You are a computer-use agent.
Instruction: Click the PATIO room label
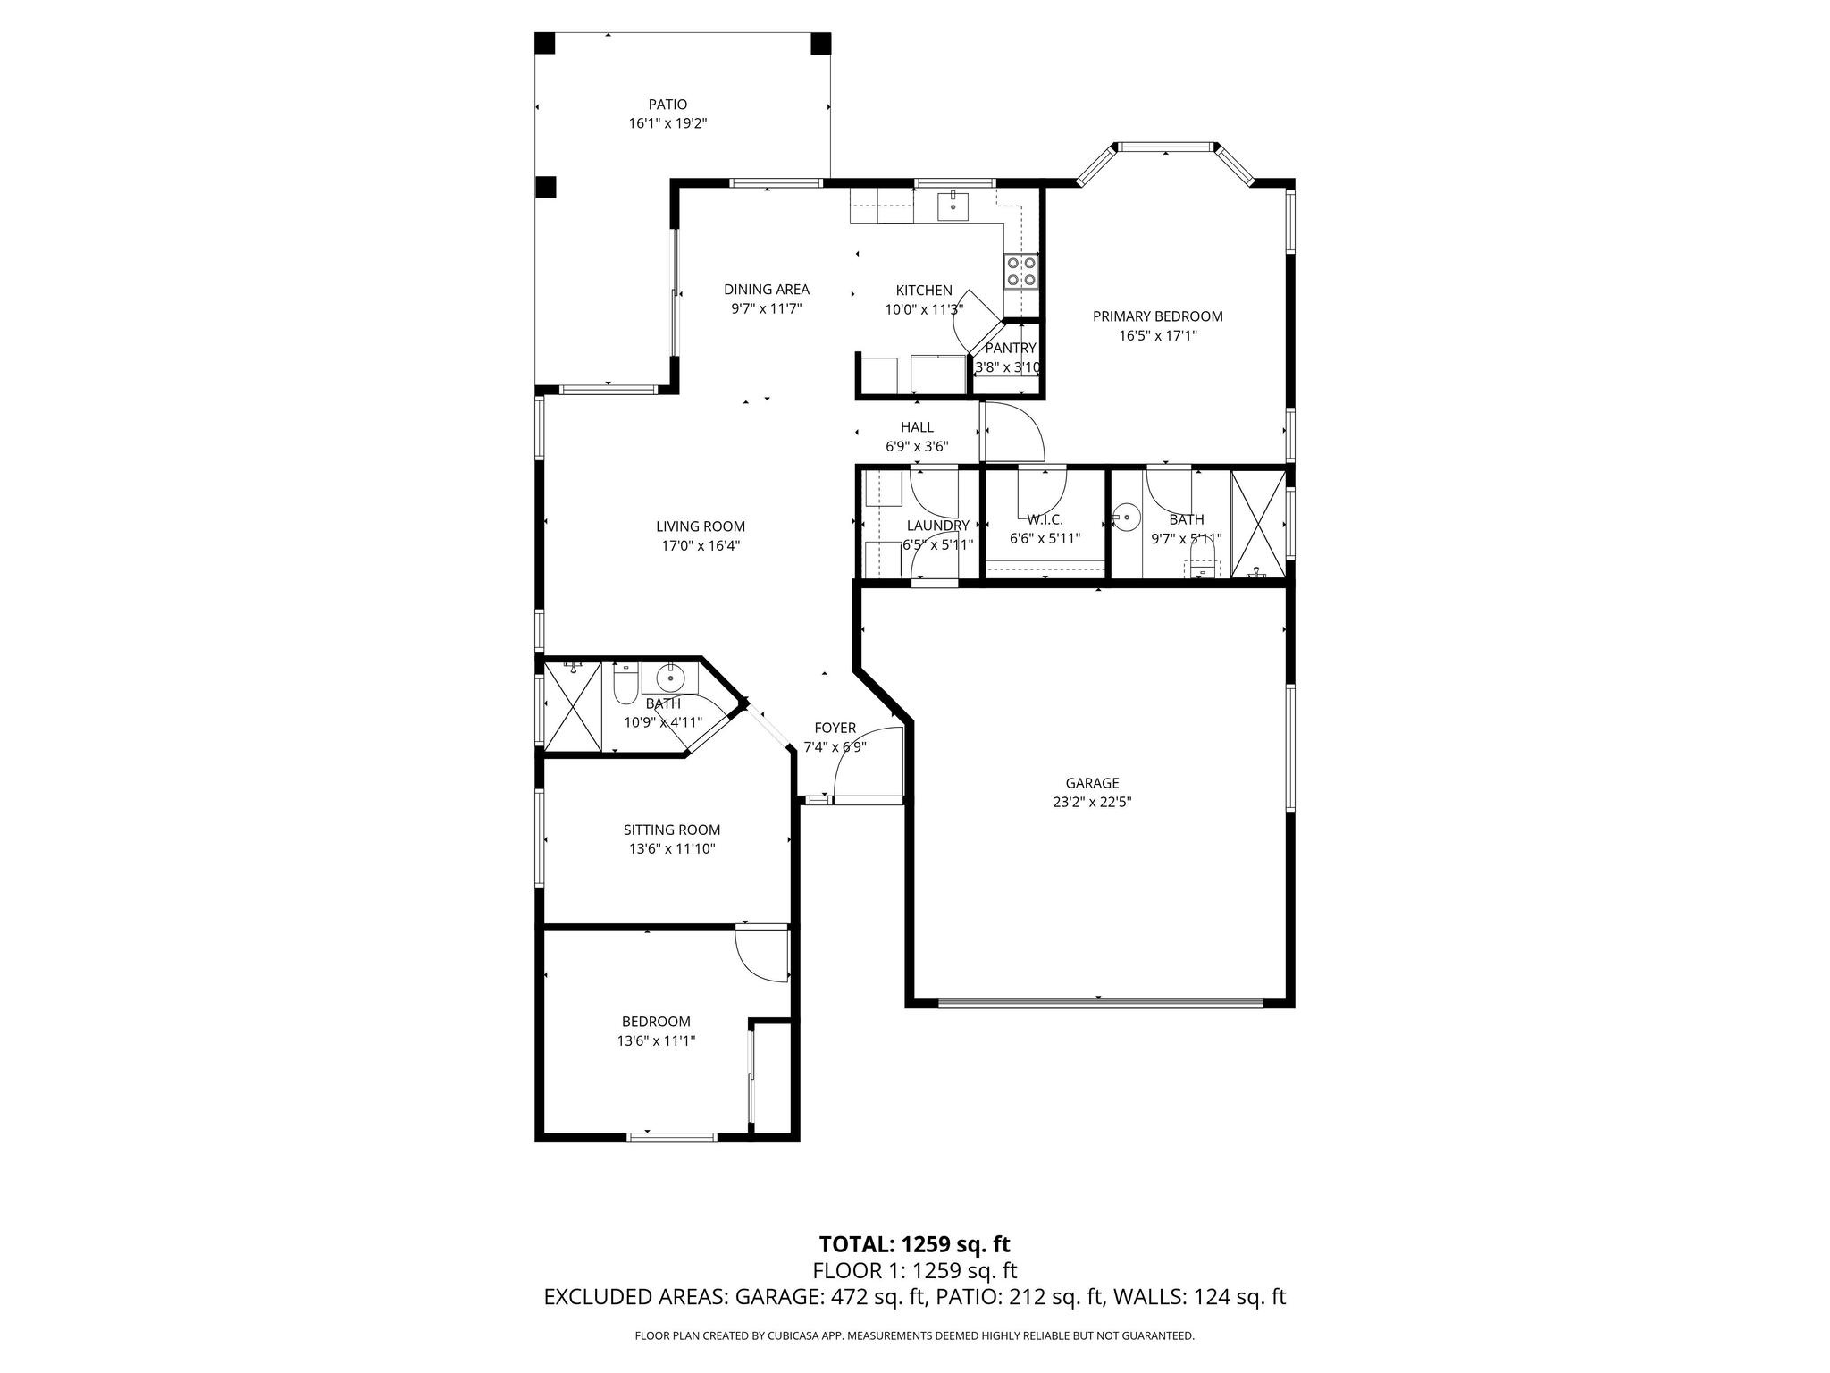pyautogui.click(x=667, y=105)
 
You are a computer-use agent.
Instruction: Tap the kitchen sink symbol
pyautogui.click(x=953, y=206)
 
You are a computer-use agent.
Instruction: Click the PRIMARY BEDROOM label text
pyautogui.click(x=1157, y=316)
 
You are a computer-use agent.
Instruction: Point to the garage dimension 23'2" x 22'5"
pyautogui.click(x=1092, y=803)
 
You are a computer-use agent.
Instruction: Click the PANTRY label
pyautogui.click(x=1010, y=348)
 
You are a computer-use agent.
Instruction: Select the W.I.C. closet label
pyautogui.click(x=1045, y=519)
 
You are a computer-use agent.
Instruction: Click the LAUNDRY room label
pyautogui.click(x=937, y=526)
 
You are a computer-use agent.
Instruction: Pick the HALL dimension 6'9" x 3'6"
pyautogui.click(x=917, y=447)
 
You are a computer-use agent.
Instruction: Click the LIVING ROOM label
pyautogui.click(x=700, y=526)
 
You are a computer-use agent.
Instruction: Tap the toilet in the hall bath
pyautogui.click(x=625, y=684)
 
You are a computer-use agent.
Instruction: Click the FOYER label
pyautogui.click(x=835, y=729)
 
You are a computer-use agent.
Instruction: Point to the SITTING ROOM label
pyautogui.click(x=671, y=830)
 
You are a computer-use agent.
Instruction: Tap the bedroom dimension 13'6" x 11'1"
pyautogui.click(x=656, y=1040)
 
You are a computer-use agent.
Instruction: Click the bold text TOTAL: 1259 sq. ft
pyautogui.click(x=914, y=1244)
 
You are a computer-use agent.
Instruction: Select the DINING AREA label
pyautogui.click(x=766, y=289)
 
